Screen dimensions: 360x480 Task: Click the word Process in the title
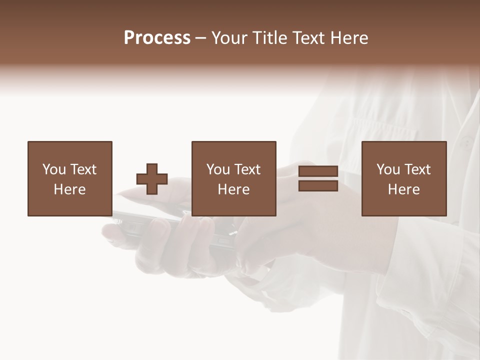(x=157, y=38)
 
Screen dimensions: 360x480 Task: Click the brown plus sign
(x=152, y=179)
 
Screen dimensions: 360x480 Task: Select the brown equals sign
(x=318, y=178)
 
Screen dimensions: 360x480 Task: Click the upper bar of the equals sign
(x=318, y=171)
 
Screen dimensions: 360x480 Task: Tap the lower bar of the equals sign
(x=318, y=185)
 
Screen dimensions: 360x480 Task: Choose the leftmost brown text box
(x=69, y=178)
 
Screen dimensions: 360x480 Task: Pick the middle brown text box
(x=233, y=178)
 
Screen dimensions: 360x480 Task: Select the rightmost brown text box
(x=403, y=178)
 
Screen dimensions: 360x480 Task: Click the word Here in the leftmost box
(x=69, y=189)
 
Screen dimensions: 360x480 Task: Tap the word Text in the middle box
(x=247, y=169)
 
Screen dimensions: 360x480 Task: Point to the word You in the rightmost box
(x=388, y=169)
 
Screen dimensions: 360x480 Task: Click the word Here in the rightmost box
(x=403, y=189)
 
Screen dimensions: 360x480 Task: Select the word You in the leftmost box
(x=54, y=169)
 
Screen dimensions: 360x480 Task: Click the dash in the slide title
(x=200, y=38)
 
